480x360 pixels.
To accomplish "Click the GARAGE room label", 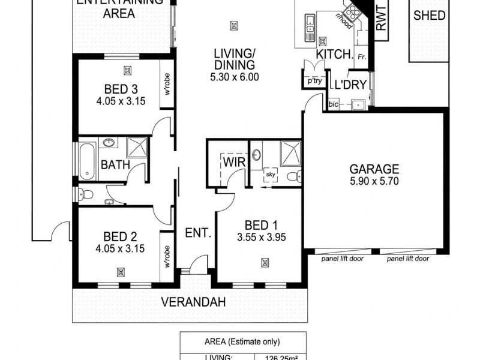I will click(x=374, y=169).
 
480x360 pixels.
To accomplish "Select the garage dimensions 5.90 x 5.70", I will click(x=374, y=181).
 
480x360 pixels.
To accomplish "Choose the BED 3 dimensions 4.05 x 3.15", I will click(x=121, y=101).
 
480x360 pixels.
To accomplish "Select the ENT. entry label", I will click(x=197, y=233).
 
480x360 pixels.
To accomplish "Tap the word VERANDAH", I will click(x=193, y=302).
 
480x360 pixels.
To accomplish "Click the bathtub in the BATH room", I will click(x=88, y=160).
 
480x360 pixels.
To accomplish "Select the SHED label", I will click(x=430, y=16).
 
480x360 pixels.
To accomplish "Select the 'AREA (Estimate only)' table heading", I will click(x=244, y=342).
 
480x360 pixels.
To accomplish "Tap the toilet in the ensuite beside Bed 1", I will click(x=292, y=176).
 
